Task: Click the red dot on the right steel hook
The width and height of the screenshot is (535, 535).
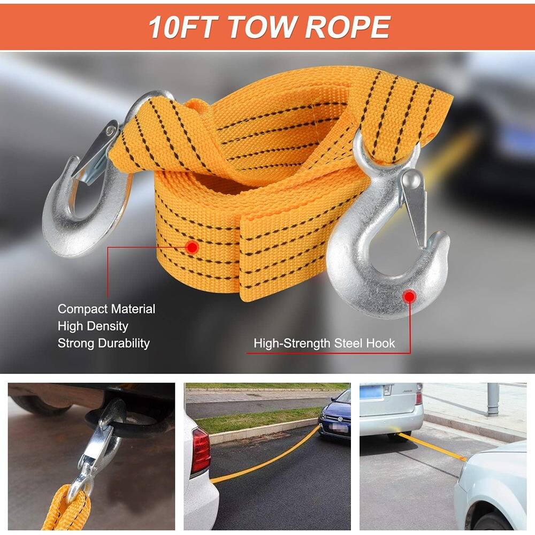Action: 409,296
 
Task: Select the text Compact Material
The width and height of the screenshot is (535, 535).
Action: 106,309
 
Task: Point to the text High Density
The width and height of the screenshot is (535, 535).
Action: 93,326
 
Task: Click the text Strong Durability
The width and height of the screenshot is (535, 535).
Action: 104,343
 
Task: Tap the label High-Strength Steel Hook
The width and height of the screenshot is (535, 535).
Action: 324,343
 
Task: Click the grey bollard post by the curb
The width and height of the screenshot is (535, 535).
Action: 493,399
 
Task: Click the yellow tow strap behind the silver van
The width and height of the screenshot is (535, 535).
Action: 433,447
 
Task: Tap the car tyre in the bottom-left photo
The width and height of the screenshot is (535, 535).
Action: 43,404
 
